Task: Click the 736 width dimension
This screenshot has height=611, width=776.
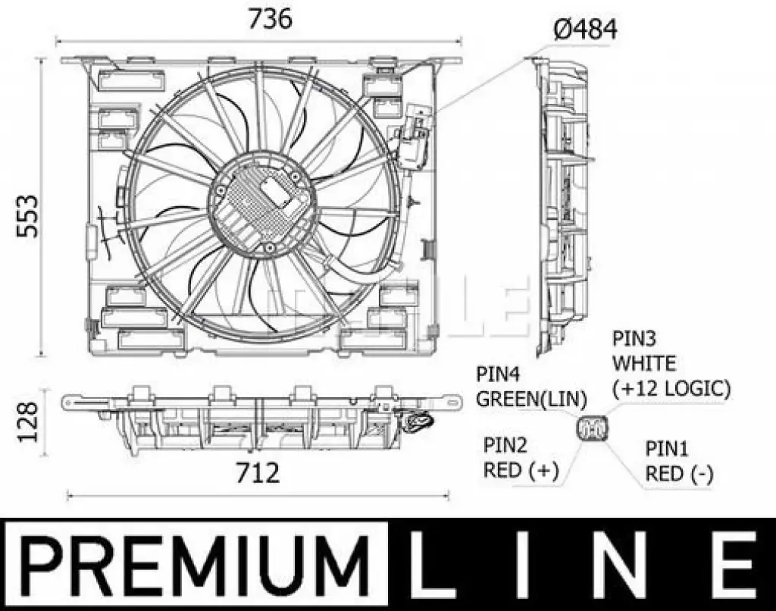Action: click(x=270, y=19)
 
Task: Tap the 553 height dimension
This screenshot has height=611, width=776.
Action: click(x=27, y=216)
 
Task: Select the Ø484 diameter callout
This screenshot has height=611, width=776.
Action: click(x=585, y=30)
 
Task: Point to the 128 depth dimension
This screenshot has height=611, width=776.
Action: click(x=27, y=421)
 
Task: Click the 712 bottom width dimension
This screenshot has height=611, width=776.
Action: click(x=258, y=473)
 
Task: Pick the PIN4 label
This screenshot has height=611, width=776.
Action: click(x=498, y=374)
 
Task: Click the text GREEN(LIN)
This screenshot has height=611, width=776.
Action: click(x=531, y=399)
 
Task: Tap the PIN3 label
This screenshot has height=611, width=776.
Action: click(x=634, y=339)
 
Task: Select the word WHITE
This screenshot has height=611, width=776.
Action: click(x=644, y=363)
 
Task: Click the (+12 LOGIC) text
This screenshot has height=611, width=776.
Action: click(x=671, y=389)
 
